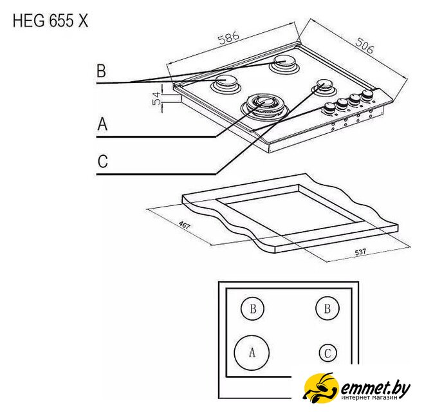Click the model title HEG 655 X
(x=51, y=21)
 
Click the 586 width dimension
(x=229, y=38)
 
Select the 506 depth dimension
(x=365, y=45)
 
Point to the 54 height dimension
(x=156, y=98)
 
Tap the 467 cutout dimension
(x=185, y=225)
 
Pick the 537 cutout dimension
(x=360, y=252)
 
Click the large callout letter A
(x=102, y=124)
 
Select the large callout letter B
(x=102, y=70)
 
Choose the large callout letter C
(x=103, y=161)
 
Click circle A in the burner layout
(x=252, y=353)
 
